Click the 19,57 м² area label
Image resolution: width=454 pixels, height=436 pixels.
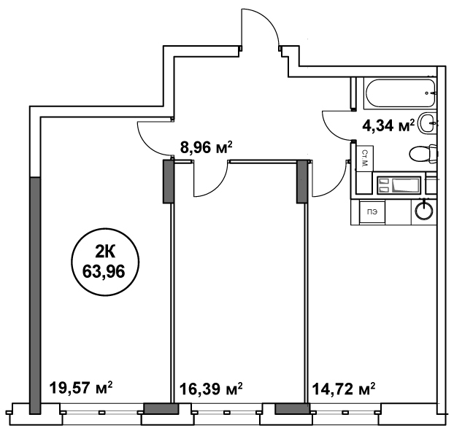pyautogui.click(x=81, y=388)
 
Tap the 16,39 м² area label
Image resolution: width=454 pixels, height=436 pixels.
pyautogui.click(x=211, y=389)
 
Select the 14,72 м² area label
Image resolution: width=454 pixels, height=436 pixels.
pyautogui.click(x=343, y=389)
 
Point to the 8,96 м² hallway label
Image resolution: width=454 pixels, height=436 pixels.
pyautogui.click(x=206, y=147)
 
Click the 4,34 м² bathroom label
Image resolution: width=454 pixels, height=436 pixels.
pyautogui.click(x=388, y=125)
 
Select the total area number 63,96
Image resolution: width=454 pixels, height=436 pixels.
pyautogui.click(x=104, y=271)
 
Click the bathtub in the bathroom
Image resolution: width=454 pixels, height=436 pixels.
pyautogui.click(x=400, y=93)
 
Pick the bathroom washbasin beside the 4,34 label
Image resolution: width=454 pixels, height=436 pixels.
pyautogui.click(x=428, y=123)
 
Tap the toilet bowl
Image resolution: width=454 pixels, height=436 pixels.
pyautogui.click(x=423, y=153)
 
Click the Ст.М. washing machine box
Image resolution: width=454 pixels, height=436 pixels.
pyautogui.click(x=364, y=158)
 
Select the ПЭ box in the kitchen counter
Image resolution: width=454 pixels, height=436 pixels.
pyautogui.click(x=372, y=212)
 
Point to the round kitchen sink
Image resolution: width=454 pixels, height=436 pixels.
pyautogui.click(x=424, y=209)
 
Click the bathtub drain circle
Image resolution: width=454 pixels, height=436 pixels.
pyautogui.click(x=427, y=93)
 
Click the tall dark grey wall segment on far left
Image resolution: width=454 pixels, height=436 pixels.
pyautogui.click(x=35, y=295)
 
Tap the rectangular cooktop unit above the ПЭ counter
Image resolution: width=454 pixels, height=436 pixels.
pyautogui.click(x=399, y=185)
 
